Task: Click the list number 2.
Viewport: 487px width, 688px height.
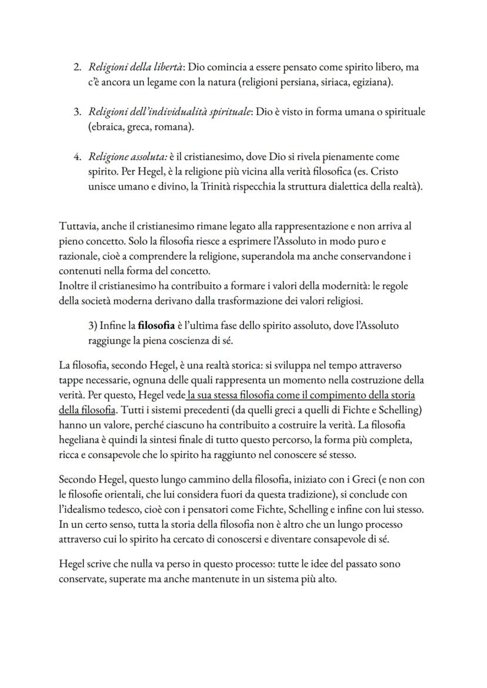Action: (x=76, y=68)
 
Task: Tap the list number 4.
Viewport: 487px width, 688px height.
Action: (x=76, y=157)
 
